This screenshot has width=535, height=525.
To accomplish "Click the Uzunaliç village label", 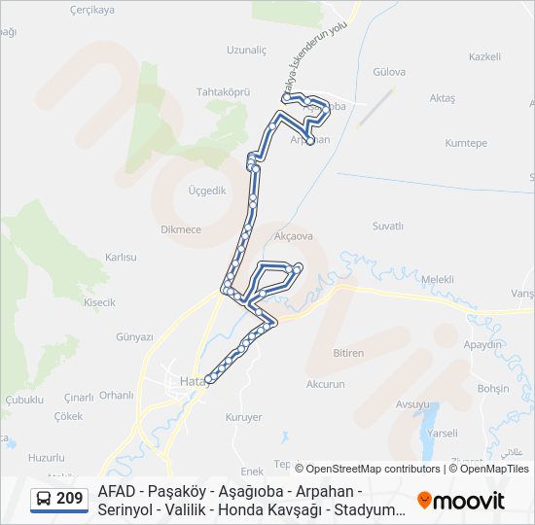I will click(x=246, y=49).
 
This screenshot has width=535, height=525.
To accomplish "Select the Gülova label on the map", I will click(x=388, y=72).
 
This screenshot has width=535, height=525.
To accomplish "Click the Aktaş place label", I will click(x=442, y=98).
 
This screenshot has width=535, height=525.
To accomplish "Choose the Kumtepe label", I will click(x=466, y=143).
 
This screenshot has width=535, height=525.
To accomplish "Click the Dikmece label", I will click(x=180, y=229).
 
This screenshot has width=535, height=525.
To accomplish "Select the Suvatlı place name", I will click(x=387, y=226).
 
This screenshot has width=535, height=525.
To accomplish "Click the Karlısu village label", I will click(x=122, y=258).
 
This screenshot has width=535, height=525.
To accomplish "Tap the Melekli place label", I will click(x=438, y=279).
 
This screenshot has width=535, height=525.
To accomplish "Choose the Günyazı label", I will click(x=135, y=337).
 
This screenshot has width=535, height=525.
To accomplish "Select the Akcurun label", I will click(x=325, y=384).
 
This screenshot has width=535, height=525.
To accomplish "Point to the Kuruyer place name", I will click(x=243, y=417).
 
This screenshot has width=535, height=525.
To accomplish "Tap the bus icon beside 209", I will click(x=44, y=500).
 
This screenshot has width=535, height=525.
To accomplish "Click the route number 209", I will click(x=69, y=500).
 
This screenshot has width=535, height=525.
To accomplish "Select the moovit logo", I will click(x=461, y=501).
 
